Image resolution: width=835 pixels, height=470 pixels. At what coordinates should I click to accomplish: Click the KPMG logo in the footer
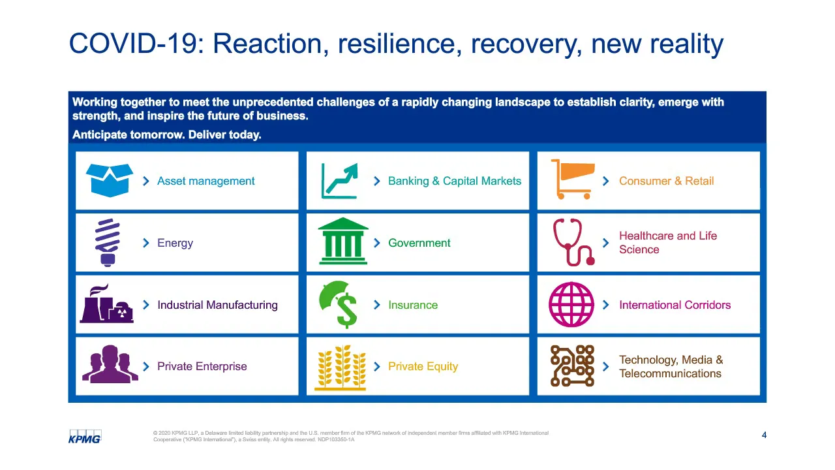pyautogui.click(x=85, y=437)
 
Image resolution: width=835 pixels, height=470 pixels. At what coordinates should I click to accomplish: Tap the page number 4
pyautogui.click(x=764, y=435)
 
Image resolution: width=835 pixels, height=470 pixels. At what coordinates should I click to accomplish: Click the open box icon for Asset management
pyautogui.click(x=109, y=180)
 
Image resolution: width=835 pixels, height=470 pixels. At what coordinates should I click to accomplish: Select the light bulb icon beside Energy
pyautogui.click(x=108, y=242)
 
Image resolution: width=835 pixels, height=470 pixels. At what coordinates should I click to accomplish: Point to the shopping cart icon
pyautogui.click(x=573, y=179)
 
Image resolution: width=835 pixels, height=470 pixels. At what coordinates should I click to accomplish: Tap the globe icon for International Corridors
pyautogui.click(x=571, y=304)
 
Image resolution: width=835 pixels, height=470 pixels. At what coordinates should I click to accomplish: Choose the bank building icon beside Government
pyautogui.click(x=343, y=241)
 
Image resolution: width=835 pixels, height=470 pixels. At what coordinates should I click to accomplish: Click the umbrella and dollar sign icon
pyautogui.click(x=339, y=304)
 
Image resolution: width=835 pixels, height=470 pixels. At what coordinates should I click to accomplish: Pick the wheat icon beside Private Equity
pyautogui.click(x=341, y=368)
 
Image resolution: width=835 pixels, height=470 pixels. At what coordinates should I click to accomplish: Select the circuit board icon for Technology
pyautogui.click(x=572, y=366)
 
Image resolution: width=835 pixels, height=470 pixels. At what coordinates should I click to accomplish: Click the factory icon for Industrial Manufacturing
pyautogui.click(x=106, y=304)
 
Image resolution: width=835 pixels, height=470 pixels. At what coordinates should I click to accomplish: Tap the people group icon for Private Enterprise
pyautogui.click(x=110, y=364)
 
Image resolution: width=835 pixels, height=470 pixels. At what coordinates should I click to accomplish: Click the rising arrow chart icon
pyautogui.click(x=339, y=181)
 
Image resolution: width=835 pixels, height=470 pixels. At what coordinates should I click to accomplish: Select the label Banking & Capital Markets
pyautogui.click(x=455, y=181)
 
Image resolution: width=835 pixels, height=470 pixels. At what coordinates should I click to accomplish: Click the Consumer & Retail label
pyautogui.click(x=666, y=181)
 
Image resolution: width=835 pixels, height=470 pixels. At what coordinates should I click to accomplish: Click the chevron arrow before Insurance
pyautogui.click(x=377, y=305)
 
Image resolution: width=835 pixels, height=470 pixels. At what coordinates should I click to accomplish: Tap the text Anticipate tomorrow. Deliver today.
pyautogui.click(x=166, y=134)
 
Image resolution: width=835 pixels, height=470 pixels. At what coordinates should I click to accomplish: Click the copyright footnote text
pyautogui.click(x=351, y=436)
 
